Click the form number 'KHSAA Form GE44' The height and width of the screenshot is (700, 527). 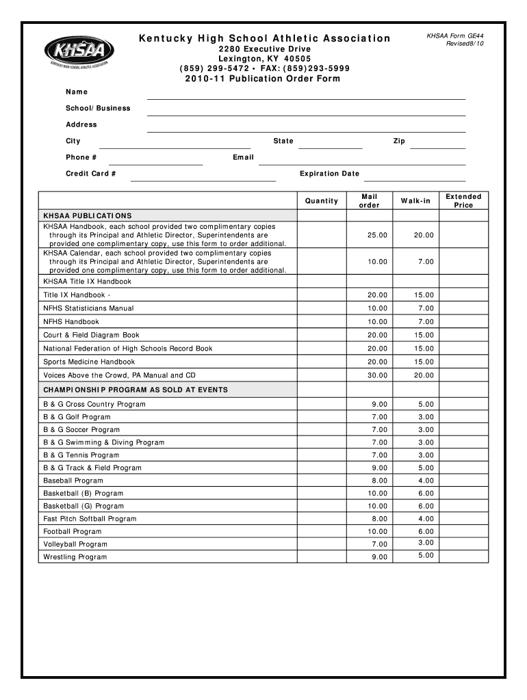click(x=455, y=35)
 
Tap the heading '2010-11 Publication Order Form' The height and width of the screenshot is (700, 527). click(x=263, y=79)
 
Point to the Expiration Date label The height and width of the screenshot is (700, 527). click(x=329, y=174)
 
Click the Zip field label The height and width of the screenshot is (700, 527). click(x=399, y=141)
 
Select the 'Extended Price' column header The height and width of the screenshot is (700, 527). click(x=463, y=201)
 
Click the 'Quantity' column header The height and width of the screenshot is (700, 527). click(x=322, y=201)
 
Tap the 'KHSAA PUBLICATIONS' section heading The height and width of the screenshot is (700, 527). click(x=88, y=215)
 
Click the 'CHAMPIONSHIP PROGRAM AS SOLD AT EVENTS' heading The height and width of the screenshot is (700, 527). click(x=136, y=390)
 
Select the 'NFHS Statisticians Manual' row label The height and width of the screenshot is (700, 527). click(x=88, y=308)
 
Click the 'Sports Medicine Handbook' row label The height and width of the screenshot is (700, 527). click(x=89, y=362)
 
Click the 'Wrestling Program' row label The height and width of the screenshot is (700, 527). click(x=75, y=557)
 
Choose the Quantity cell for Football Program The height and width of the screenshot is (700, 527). click(x=322, y=532)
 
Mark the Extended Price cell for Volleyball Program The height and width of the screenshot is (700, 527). click(x=463, y=544)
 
